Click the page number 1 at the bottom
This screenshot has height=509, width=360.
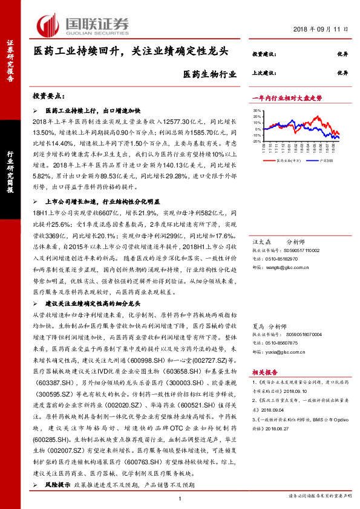pos(180,498)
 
